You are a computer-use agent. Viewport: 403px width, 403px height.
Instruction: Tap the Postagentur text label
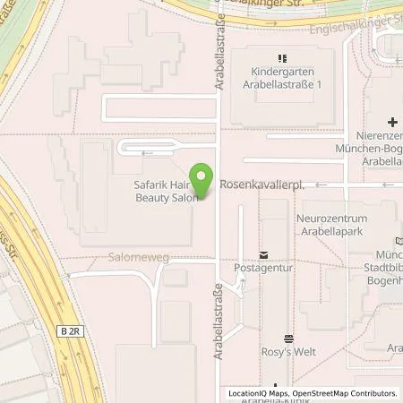coord(262,267)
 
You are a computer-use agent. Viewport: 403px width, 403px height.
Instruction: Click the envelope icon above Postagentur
coord(262,254)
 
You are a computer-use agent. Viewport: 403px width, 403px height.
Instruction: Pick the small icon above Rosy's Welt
coord(287,338)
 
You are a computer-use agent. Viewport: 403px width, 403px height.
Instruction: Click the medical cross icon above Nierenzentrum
coord(391,121)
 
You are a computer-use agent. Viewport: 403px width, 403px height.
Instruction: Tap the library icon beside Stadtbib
coord(398,241)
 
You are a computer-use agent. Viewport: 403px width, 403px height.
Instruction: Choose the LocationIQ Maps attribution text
coord(259,393)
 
